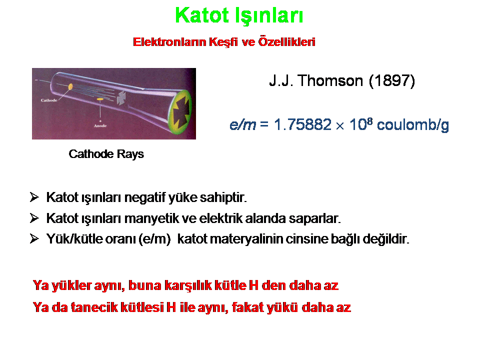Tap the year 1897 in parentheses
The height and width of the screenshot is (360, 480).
(x=392, y=81)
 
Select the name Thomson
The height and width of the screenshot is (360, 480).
(x=330, y=81)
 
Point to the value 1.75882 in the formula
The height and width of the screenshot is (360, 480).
(x=302, y=124)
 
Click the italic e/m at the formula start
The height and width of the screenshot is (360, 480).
(x=243, y=125)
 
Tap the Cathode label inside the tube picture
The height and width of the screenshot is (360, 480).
(x=49, y=100)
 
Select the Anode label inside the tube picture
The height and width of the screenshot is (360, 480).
(x=100, y=126)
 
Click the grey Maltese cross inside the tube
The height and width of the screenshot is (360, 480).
(x=121, y=98)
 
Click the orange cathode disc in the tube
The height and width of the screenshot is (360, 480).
(x=70, y=86)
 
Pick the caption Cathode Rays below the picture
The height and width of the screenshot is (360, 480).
(x=106, y=154)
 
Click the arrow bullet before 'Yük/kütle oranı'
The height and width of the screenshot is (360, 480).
(x=34, y=238)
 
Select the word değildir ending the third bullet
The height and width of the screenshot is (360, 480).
(x=386, y=239)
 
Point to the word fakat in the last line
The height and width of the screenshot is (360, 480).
(x=247, y=307)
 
